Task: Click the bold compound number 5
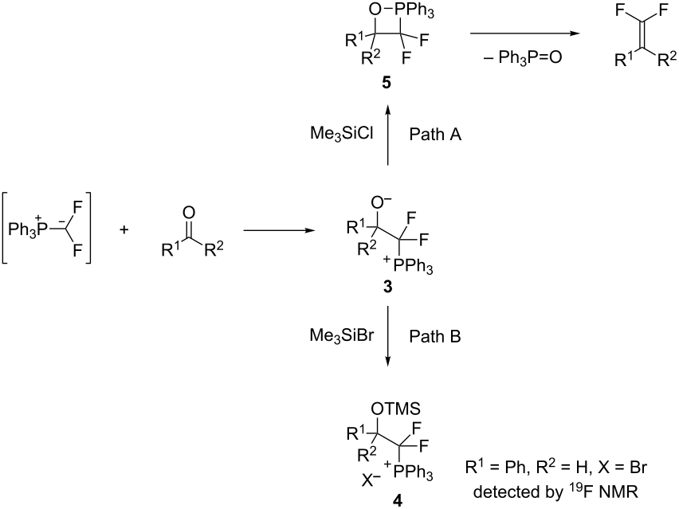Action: pos(387,82)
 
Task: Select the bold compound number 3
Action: pos(387,286)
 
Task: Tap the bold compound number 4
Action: pos(397,500)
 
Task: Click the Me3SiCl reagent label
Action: pos(342,134)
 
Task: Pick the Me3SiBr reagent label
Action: pos(342,336)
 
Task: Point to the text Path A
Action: pos(435,134)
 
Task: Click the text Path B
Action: pos(435,336)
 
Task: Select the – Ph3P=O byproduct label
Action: pos(523,57)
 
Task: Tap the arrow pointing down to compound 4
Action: pos(387,336)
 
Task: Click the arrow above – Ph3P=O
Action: pos(525,33)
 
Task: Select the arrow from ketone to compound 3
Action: pos(279,230)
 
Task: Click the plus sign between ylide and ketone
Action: pos(124,230)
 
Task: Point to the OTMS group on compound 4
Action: pos(395,408)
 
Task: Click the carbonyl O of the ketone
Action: pos(189,212)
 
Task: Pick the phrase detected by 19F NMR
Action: pos(555,491)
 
